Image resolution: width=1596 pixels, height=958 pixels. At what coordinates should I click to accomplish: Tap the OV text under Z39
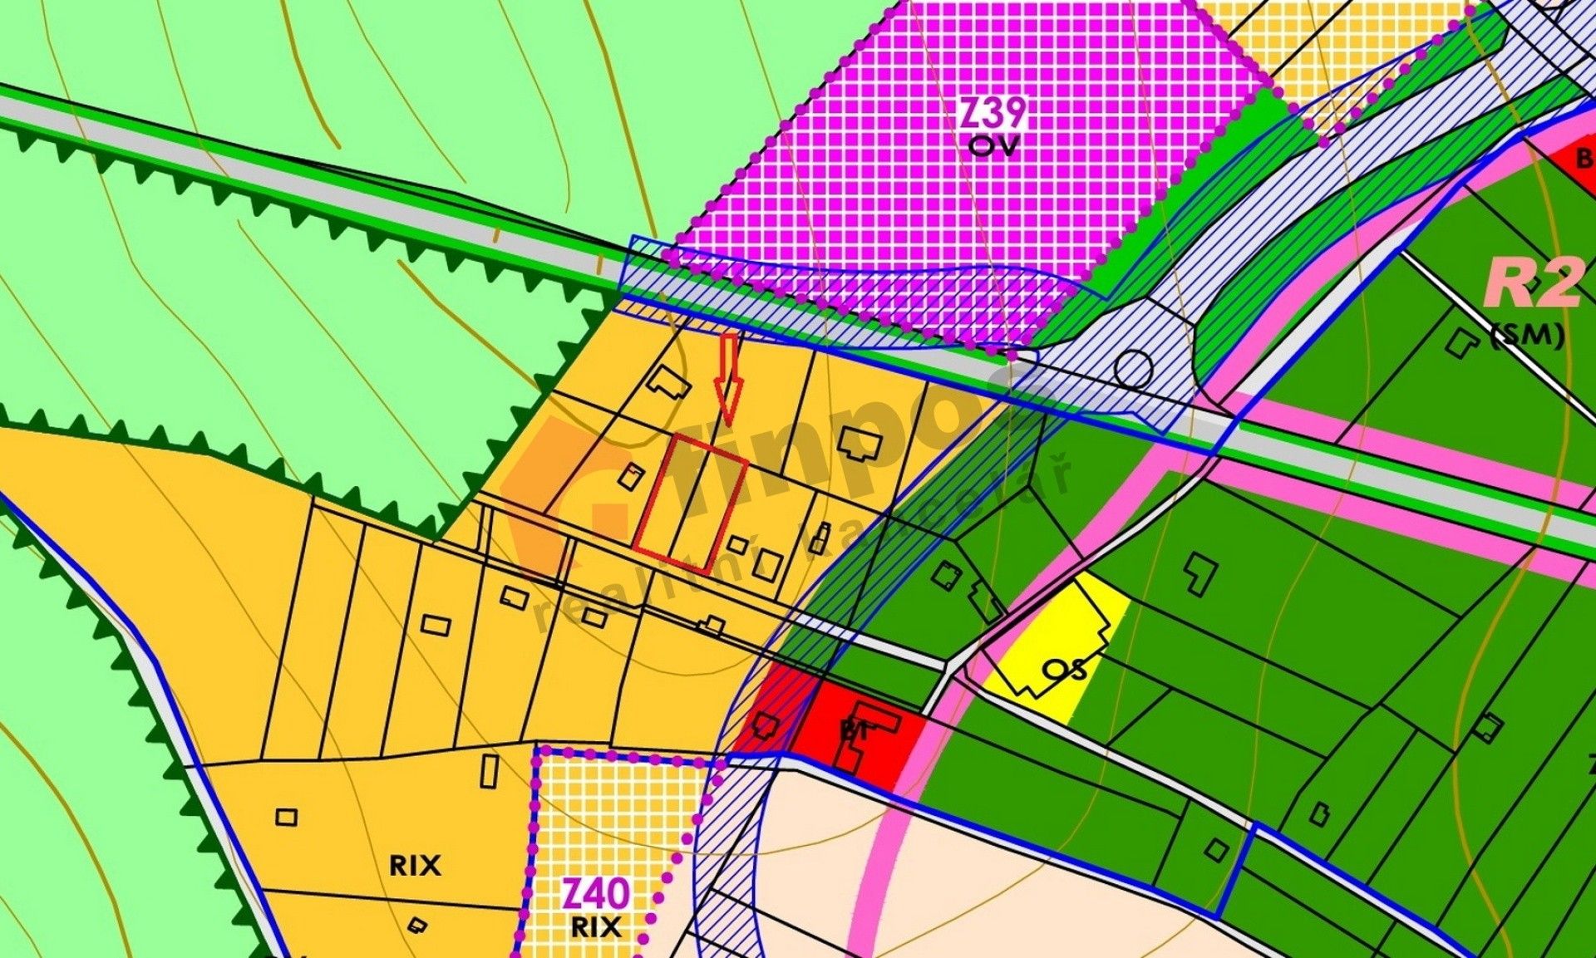pyautogui.click(x=993, y=146)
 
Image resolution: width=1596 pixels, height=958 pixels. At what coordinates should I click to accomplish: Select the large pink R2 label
pyautogui.click(x=1534, y=282)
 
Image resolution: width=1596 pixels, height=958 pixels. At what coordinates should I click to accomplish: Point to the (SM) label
pyautogui.click(x=1528, y=335)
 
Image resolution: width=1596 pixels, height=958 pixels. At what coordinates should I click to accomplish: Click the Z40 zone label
pyautogui.click(x=595, y=895)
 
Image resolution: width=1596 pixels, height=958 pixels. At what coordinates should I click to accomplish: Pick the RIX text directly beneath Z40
pyautogui.click(x=596, y=926)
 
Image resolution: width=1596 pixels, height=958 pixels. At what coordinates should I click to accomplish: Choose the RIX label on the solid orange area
pyautogui.click(x=415, y=866)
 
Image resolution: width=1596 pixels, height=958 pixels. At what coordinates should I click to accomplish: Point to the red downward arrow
pyautogui.click(x=729, y=378)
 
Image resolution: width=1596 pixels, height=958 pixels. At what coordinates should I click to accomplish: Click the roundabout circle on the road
pyautogui.click(x=1133, y=367)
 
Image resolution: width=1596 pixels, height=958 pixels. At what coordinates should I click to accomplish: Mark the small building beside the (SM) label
pyautogui.click(x=1460, y=341)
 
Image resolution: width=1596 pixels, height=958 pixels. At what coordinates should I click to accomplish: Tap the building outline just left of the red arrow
pyautogui.click(x=669, y=383)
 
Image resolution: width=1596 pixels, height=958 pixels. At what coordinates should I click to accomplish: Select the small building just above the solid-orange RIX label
pyautogui.click(x=286, y=818)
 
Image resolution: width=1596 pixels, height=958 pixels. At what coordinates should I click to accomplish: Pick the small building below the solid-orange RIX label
pyautogui.click(x=418, y=925)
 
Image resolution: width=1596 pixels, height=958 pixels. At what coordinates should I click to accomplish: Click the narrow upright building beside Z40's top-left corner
pyautogui.click(x=490, y=769)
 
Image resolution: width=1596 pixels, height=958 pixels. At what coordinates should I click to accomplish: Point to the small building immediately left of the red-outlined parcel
pyautogui.click(x=631, y=476)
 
